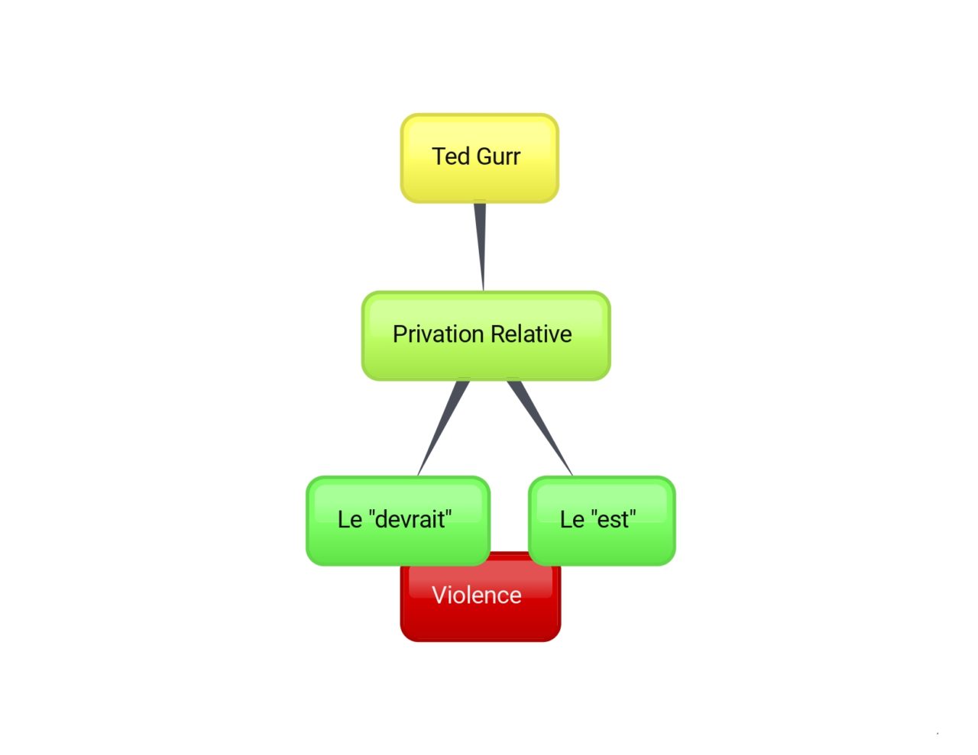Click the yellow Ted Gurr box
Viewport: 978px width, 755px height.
(x=479, y=158)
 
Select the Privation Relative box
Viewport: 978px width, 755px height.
(x=486, y=336)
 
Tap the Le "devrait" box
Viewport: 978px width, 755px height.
(x=398, y=521)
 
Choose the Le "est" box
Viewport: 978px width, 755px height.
(x=602, y=521)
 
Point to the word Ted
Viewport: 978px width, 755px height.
(x=451, y=156)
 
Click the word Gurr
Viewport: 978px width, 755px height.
(x=498, y=156)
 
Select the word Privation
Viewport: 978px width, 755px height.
(x=439, y=334)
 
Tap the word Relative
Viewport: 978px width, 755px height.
(x=531, y=334)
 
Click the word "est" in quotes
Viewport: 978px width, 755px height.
(x=613, y=519)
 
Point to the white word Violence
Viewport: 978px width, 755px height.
(x=477, y=595)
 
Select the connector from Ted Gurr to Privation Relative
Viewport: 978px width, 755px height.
(x=481, y=247)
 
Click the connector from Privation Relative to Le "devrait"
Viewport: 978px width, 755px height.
(x=442, y=428)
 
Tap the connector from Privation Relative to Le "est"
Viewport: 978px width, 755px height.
(x=539, y=428)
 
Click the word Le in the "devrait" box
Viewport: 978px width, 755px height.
(x=350, y=519)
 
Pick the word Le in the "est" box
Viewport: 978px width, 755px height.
(x=572, y=519)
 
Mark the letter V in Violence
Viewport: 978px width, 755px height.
(x=439, y=595)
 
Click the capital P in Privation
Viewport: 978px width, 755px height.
(x=400, y=334)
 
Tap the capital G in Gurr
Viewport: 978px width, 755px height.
(x=484, y=156)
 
